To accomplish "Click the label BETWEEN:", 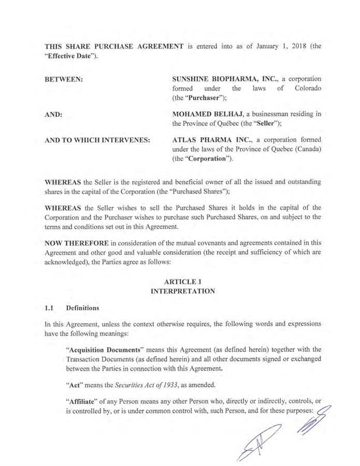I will pyautogui.click(x=65, y=79).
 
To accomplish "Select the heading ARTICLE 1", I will pyautogui.click(x=182, y=281).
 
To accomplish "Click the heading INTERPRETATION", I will pyautogui.click(x=182, y=291).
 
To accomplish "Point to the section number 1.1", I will pyautogui.click(x=50, y=308).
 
